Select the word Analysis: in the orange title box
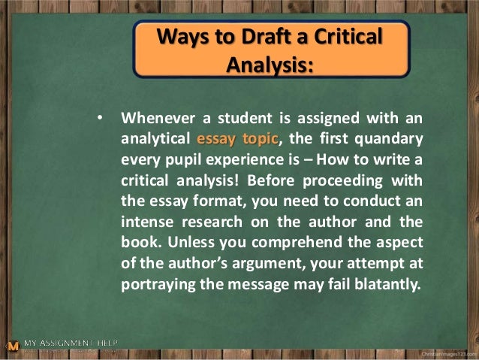[x=270, y=65]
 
